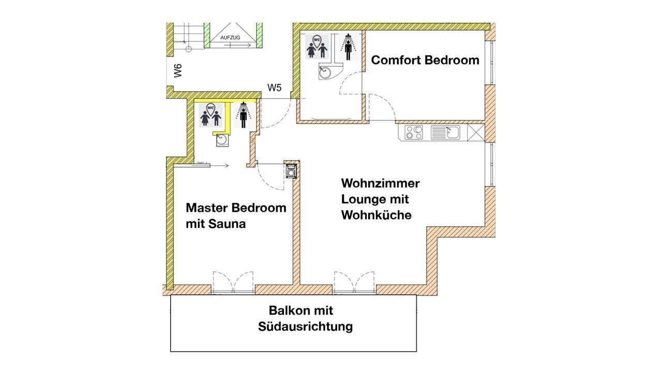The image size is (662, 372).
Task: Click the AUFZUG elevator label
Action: tap(230, 38)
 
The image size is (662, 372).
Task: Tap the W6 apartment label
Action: tap(177, 71)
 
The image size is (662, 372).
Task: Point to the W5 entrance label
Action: tap(274, 88)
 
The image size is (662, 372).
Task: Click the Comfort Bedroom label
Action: tap(425, 60)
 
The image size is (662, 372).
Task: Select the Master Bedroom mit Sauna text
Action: tap(236, 216)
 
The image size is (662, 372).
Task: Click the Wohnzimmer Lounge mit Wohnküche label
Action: tap(380, 199)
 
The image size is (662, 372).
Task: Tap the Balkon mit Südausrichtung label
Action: tap(305, 319)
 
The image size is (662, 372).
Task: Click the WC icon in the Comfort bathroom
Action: tap(317, 47)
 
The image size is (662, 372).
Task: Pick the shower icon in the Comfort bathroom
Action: tap(349, 47)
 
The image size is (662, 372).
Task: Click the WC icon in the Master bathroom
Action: tap(210, 115)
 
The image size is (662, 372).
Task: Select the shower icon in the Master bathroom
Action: tap(243, 115)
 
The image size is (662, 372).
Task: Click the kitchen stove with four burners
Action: tap(414, 132)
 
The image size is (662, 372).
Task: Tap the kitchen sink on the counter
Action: tap(445, 132)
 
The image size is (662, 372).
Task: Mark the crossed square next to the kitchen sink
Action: tap(476, 132)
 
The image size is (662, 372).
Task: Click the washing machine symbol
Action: tap(291, 171)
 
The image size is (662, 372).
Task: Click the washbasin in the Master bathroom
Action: tap(222, 140)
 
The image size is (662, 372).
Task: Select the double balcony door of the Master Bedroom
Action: tap(233, 283)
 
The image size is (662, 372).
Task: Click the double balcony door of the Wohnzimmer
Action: tap(354, 283)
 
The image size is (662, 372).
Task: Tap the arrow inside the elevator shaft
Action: tap(237, 45)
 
